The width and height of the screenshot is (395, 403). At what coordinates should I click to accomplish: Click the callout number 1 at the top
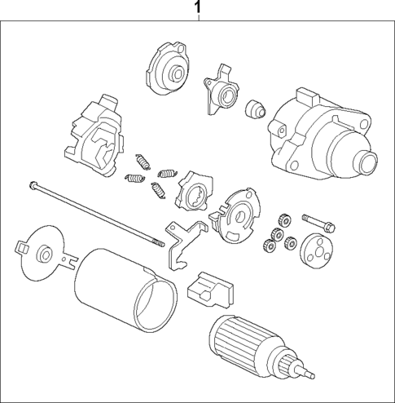(197, 9)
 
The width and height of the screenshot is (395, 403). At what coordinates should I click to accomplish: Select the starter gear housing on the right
(314, 135)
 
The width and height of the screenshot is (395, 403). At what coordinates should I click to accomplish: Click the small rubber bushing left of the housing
(254, 107)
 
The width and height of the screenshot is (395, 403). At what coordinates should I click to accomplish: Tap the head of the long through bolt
(32, 184)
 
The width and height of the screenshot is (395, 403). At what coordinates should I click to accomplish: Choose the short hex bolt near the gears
(317, 220)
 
